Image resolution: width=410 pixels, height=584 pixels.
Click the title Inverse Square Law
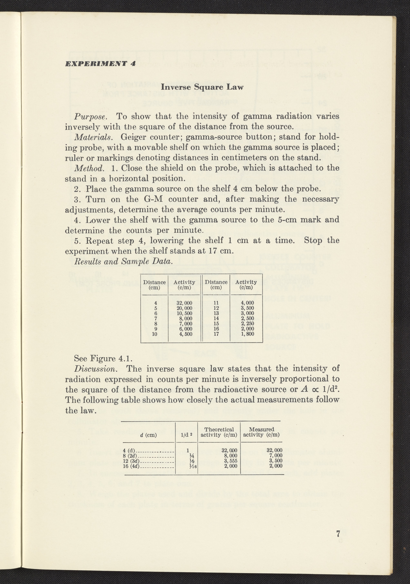[202, 87]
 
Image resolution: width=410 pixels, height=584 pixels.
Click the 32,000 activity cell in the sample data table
[184, 303]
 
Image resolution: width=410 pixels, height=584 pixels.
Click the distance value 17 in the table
[216, 334]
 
